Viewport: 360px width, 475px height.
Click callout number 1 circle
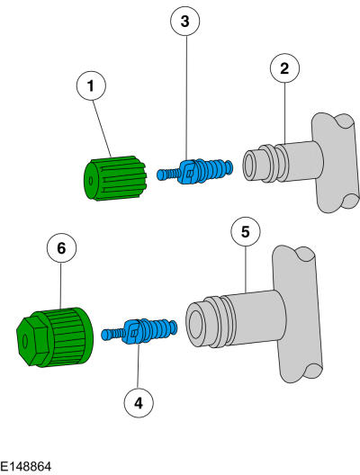click(90, 86)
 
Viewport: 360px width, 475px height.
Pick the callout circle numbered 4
click(138, 404)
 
